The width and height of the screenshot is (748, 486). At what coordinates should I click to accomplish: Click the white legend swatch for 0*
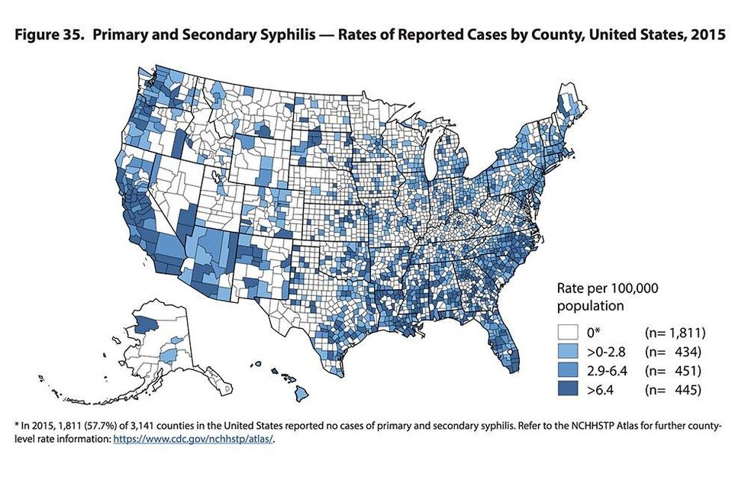pyautogui.click(x=567, y=333)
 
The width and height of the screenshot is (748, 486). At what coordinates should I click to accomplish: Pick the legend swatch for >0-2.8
pyautogui.click(x=567, y=352)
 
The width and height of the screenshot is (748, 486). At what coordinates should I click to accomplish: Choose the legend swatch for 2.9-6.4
pyautogui.click(x=567, y=372)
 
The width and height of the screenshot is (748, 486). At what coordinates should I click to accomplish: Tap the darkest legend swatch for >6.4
pyautogui.click(x=567, y=391)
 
